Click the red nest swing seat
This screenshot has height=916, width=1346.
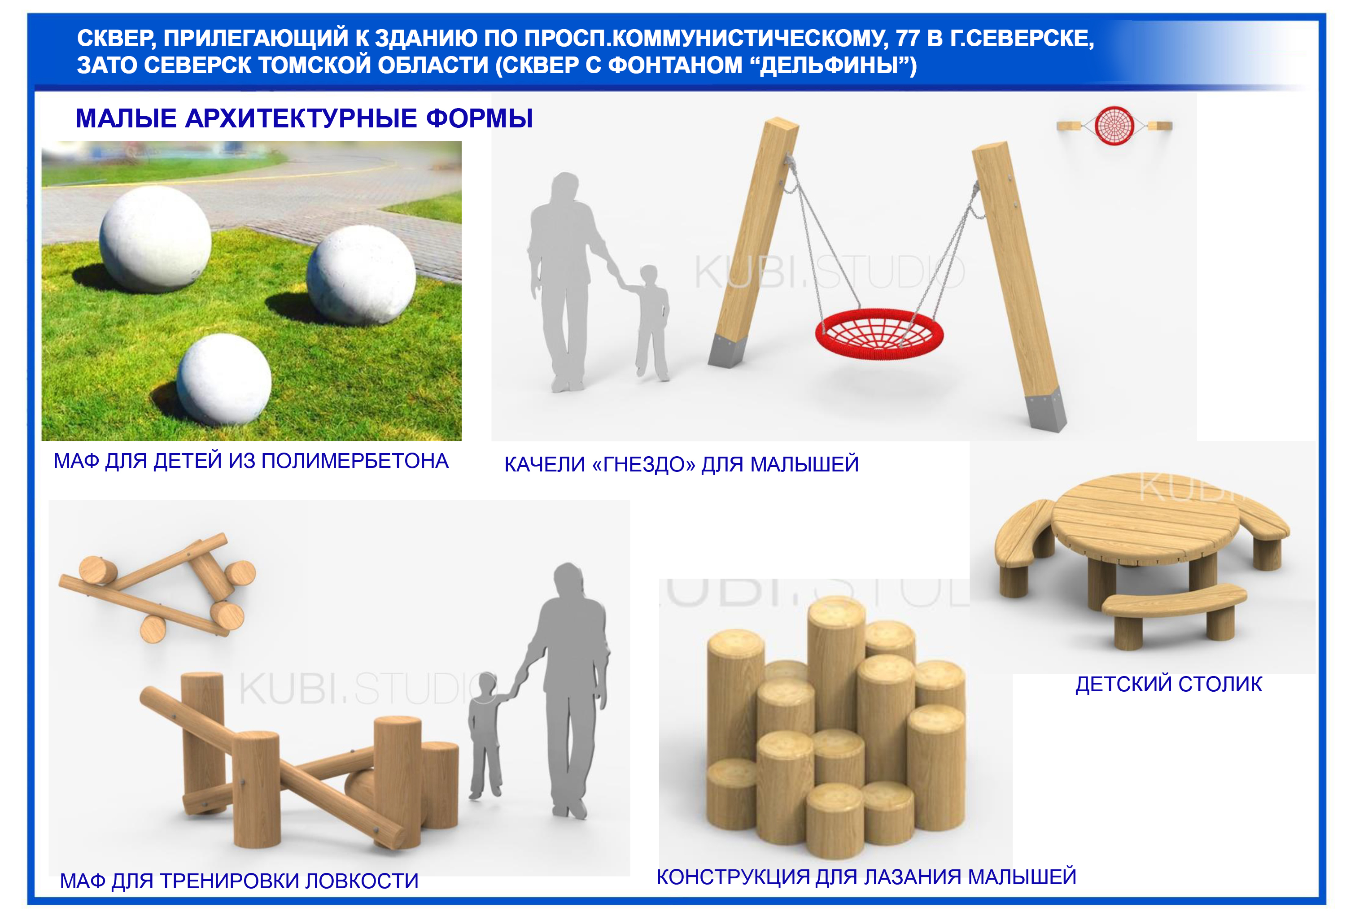tap(878, 335)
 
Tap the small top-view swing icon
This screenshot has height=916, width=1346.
tap(1114, 125)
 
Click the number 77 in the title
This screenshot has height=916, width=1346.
tap(908, 38)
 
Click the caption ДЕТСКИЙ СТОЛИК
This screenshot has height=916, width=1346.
tap(1169, 685)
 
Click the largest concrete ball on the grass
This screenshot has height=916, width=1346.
tap(155, 239)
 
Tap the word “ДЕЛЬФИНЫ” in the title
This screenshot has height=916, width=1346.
tap(832, 65)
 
